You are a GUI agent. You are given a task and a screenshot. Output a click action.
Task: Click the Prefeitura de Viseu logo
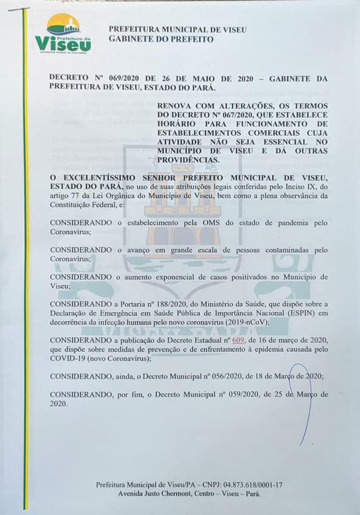coord(63,33)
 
